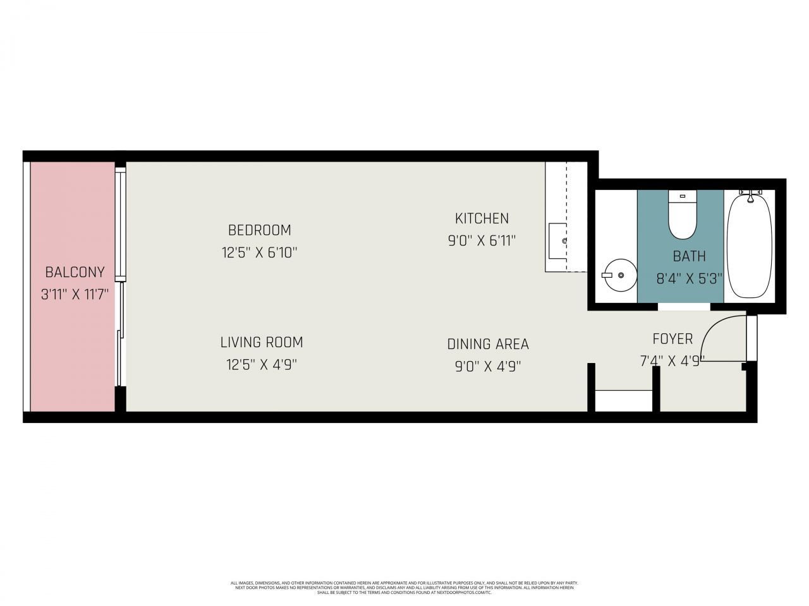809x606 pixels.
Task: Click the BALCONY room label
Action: [75, 273]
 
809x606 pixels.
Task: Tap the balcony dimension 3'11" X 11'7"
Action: [75, 294]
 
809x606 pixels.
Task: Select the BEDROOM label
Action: [259, 230]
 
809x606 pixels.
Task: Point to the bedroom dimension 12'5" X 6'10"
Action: [259, 252]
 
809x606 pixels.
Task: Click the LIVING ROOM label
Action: [261, 342]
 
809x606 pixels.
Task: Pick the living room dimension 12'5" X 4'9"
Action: [261, 364]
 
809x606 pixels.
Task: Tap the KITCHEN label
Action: [482, 218]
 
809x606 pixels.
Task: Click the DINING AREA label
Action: [487, 344]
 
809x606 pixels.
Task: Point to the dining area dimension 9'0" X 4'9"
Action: [487, 366]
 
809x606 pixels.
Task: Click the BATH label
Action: [688, 256]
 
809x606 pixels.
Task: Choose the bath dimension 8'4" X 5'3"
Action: [688, 278]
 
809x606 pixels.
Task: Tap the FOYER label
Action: [672, 339]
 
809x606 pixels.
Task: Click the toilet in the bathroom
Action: [682, 217]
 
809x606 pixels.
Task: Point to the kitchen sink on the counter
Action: [557, 241]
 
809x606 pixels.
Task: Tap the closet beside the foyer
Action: [624, 401]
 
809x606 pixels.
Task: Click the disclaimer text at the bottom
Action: [404, 588]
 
